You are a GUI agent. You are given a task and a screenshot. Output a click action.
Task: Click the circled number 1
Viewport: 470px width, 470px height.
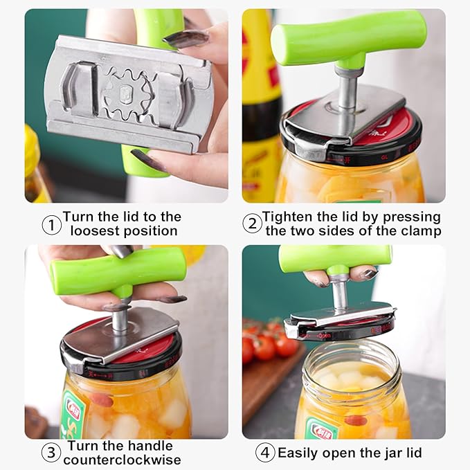click(52, 224)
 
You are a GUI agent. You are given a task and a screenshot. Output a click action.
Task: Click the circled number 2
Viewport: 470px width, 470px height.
click(252, 224)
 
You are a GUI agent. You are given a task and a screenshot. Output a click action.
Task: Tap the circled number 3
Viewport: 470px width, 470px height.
click(51, 453)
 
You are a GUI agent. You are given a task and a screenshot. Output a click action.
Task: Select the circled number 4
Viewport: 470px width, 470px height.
click(265, 453)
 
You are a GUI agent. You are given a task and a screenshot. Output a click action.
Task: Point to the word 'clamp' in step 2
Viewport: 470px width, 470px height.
click(418, 231)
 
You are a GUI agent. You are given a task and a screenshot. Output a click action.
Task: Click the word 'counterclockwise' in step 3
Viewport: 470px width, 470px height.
click(123, 460)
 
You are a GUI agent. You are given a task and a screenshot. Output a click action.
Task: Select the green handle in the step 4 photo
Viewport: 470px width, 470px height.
click(335, 257)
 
